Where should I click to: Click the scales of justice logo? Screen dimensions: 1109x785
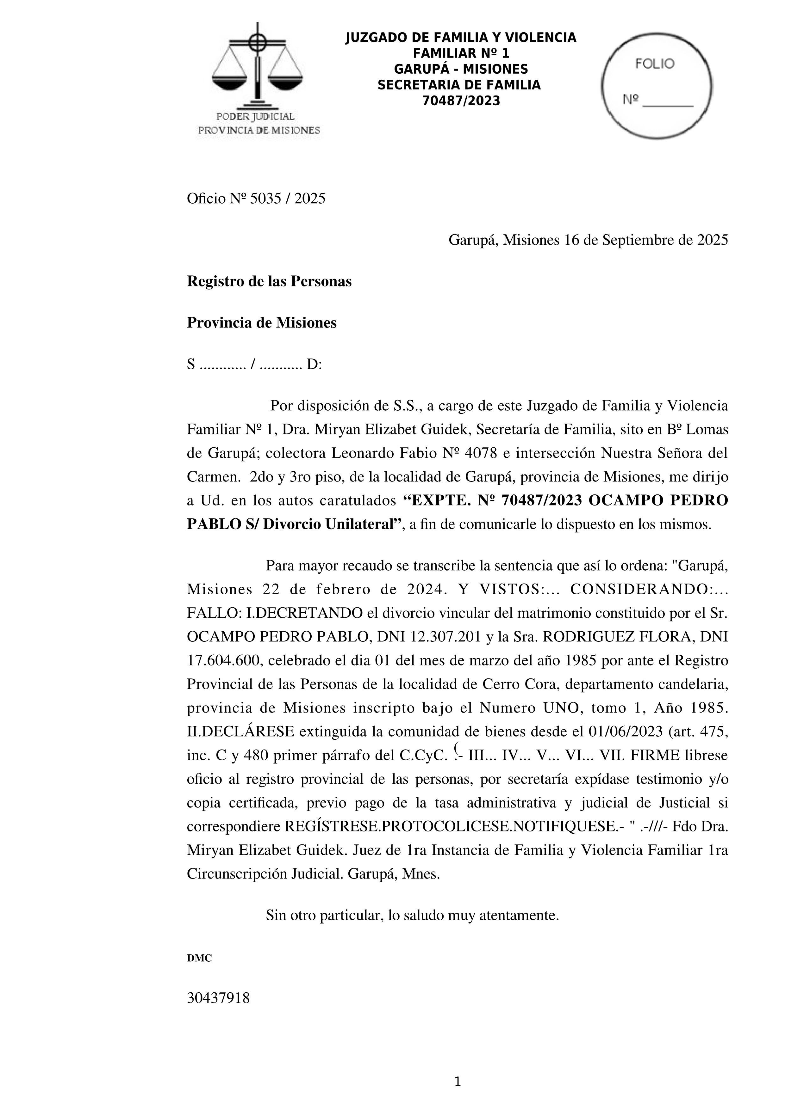(257, 68)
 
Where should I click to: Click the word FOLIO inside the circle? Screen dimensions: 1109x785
(655, 64)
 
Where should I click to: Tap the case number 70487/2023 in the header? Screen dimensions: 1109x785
(461, 101)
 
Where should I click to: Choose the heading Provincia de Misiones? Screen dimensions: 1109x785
(261, 323)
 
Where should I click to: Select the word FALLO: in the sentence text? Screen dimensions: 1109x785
(214, 613)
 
